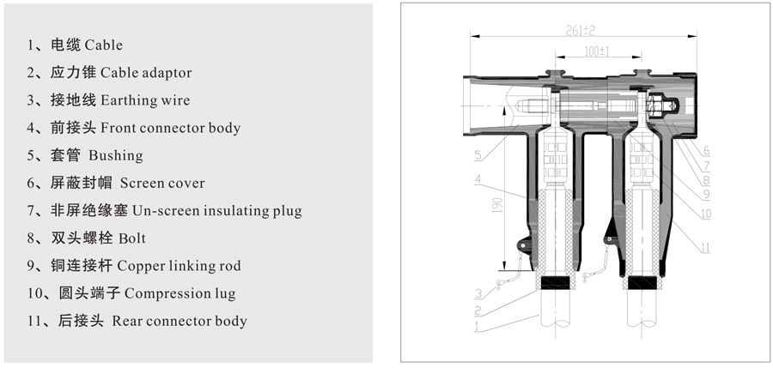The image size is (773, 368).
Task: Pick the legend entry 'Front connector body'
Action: (170, 128)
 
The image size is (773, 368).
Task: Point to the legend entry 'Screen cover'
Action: (162, 183)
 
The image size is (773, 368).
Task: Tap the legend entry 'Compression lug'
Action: (180, 293)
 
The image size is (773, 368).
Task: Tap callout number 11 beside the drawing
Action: (705, 249)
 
